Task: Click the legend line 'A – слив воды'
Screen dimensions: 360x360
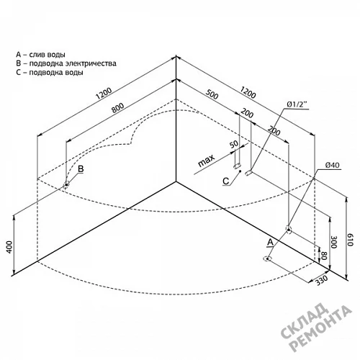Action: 40,55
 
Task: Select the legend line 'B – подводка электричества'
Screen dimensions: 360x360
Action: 66,63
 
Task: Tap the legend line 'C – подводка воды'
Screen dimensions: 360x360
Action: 50,72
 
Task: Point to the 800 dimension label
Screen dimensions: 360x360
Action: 117,108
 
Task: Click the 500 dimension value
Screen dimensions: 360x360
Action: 212,94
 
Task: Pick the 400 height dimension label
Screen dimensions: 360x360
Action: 9,246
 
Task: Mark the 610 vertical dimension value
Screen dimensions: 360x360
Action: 350,240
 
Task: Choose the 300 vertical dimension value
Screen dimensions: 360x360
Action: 334,242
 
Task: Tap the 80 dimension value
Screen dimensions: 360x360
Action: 324,256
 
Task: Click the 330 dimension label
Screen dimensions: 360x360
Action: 322,280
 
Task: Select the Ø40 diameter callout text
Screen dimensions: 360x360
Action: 333,165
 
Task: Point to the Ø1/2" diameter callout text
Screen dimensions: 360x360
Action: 297,105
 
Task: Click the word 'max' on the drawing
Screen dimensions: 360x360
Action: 206,161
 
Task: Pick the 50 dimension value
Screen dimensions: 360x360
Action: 234,144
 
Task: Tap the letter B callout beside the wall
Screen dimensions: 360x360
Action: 81,169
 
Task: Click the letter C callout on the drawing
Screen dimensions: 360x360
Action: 226,181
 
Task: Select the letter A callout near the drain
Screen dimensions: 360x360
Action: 271,242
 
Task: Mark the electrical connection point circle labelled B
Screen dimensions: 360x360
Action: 66,184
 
